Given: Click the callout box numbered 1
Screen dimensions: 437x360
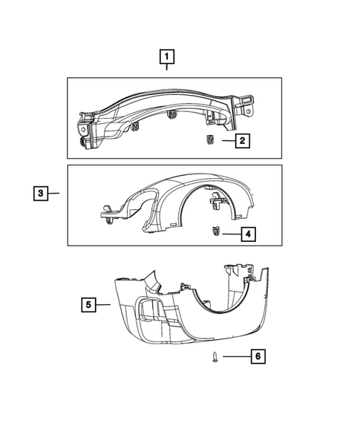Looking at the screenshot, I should click(x=168, y=56).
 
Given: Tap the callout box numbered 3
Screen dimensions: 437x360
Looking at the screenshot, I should click(x=41, y=194).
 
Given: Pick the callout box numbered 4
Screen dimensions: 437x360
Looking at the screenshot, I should click(x=248, y=234).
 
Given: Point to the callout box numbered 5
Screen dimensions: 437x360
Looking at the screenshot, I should click(x=88, y=303).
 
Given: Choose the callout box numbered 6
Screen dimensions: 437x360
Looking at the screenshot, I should click(x=258, y=357).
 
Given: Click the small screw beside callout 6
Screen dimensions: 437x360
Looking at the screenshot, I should click(x=214, y=358).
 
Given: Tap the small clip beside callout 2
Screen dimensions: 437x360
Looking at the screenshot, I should click(x=209, y=139).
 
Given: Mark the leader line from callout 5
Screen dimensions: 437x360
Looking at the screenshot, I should click(x=104, y=303).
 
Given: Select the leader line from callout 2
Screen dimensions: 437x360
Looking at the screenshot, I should click(x=224, y=139).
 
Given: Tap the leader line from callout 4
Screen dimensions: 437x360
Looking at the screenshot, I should click(x=229, y=234).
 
